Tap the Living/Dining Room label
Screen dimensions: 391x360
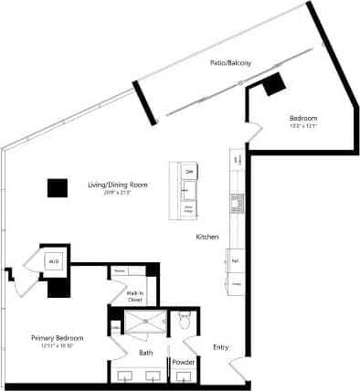(x=117, y=185)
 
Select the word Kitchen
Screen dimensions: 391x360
(x=207, y=238)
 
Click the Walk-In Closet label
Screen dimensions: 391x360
(x=134, y=296)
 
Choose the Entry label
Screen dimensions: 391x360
(x=220, y=346)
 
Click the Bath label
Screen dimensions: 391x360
(x=145, y=352)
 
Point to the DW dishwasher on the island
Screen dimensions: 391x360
(x=189, y=172)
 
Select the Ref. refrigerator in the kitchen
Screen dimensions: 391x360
(x=235, y=260)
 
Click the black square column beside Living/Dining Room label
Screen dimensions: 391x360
(x=58, y=187)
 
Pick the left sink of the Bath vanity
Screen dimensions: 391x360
(x=127, y=375)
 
